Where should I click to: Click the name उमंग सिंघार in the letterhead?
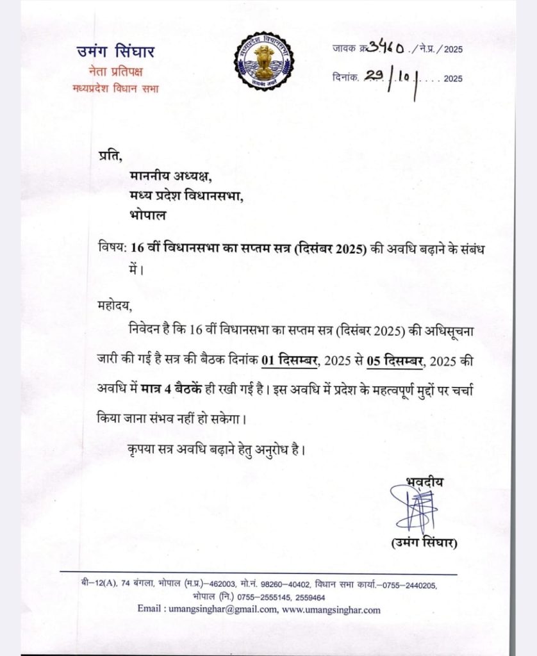pos(115,52)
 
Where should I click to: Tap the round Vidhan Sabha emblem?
pos(263,61)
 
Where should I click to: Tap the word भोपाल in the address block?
pos(148,215)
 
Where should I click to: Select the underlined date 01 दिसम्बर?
pos(289,361)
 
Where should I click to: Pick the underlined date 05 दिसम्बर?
pos(395,361)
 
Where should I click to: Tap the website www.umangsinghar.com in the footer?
pos(331,610)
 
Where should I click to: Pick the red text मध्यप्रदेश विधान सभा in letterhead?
pos(115,88)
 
